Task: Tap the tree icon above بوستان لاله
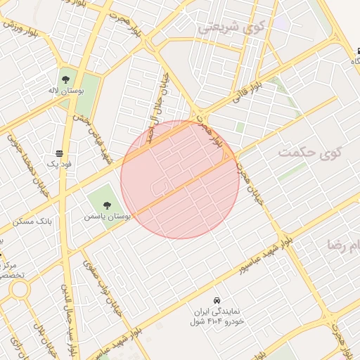(65, 79)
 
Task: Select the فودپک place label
(60, 164)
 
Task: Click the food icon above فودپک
(60, 153)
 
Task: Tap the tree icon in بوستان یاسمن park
(107, 205)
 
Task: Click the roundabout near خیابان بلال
(19, 289)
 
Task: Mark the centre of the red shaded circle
(179, 179)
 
